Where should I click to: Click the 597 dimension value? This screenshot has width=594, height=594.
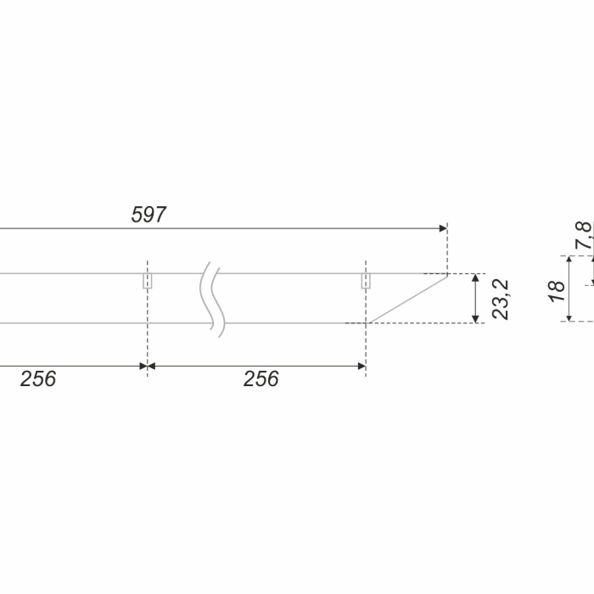pos(148,215)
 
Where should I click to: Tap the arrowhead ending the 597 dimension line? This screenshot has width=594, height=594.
pos(443,228)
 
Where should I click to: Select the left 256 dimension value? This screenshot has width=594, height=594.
pos(38,378)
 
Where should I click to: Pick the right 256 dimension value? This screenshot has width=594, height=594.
pos(261,378)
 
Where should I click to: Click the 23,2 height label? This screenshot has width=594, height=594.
pos(500,300)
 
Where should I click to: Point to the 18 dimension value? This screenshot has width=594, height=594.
pos(558,291)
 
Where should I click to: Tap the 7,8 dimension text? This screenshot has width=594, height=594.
pos(584,235)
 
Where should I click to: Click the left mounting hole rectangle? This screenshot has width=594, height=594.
pos(148,281)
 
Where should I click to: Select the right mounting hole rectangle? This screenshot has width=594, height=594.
pos(366,281)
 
